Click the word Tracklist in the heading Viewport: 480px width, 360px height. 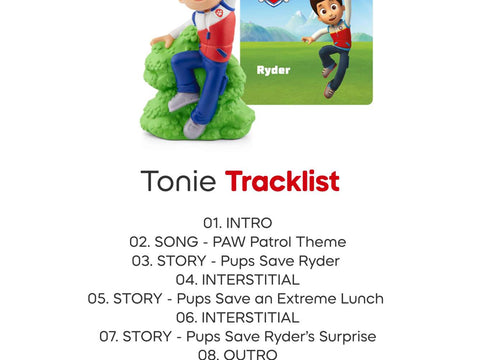pyautogui.click(x=282, y=182)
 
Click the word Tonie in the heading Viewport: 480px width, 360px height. pyautogui.click(x=178, y=182)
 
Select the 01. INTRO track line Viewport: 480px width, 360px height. pyautogui.click(x=237, y=223)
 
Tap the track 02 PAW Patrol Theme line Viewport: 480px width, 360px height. pyautogui.click(x=237, y=242)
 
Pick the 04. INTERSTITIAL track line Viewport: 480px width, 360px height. pyautogui.click(x=237, y=280)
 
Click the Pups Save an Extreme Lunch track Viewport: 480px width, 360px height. pyautogui.click(x=235, y=299)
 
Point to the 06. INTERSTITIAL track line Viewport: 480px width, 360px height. pyautogui.click(x=237, y=318)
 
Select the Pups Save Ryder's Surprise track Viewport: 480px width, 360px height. pyautogui.click(x=237, y=337)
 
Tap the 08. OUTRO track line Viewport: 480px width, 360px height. pyautogui.click(x=237, y=354)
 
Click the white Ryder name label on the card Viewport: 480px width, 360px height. pyautogui.click(x=273, y=71)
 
